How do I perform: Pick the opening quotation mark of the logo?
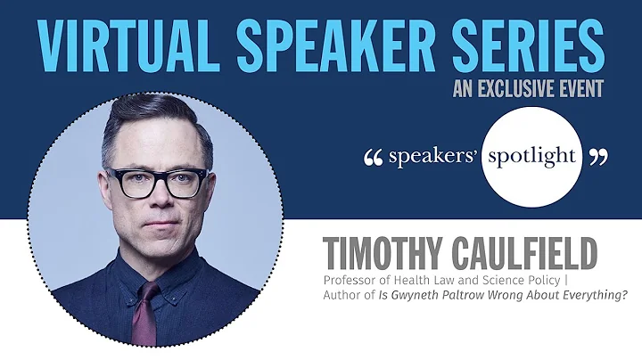coord(374,158)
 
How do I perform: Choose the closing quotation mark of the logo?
coord(598,158)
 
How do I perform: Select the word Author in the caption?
coord(342,298)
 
